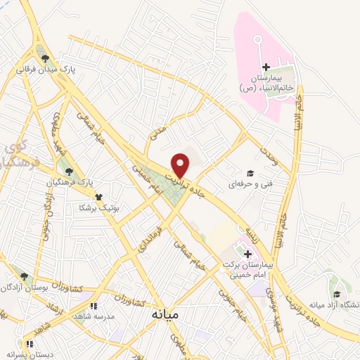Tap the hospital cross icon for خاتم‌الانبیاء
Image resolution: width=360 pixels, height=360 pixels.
pos(266,67)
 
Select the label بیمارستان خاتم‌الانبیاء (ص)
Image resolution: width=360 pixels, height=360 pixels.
pos(266,83)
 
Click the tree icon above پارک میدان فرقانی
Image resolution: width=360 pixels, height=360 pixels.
pos(46,59)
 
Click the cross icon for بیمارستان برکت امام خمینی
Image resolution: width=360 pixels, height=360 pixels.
pos(247,252)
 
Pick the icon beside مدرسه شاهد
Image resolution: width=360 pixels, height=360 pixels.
pos(91,306)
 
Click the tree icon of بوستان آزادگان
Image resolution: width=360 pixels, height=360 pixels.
pos(25,276)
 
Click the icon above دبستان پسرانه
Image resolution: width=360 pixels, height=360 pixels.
pos(30,344)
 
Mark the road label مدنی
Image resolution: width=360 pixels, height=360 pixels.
pos(156,131)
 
